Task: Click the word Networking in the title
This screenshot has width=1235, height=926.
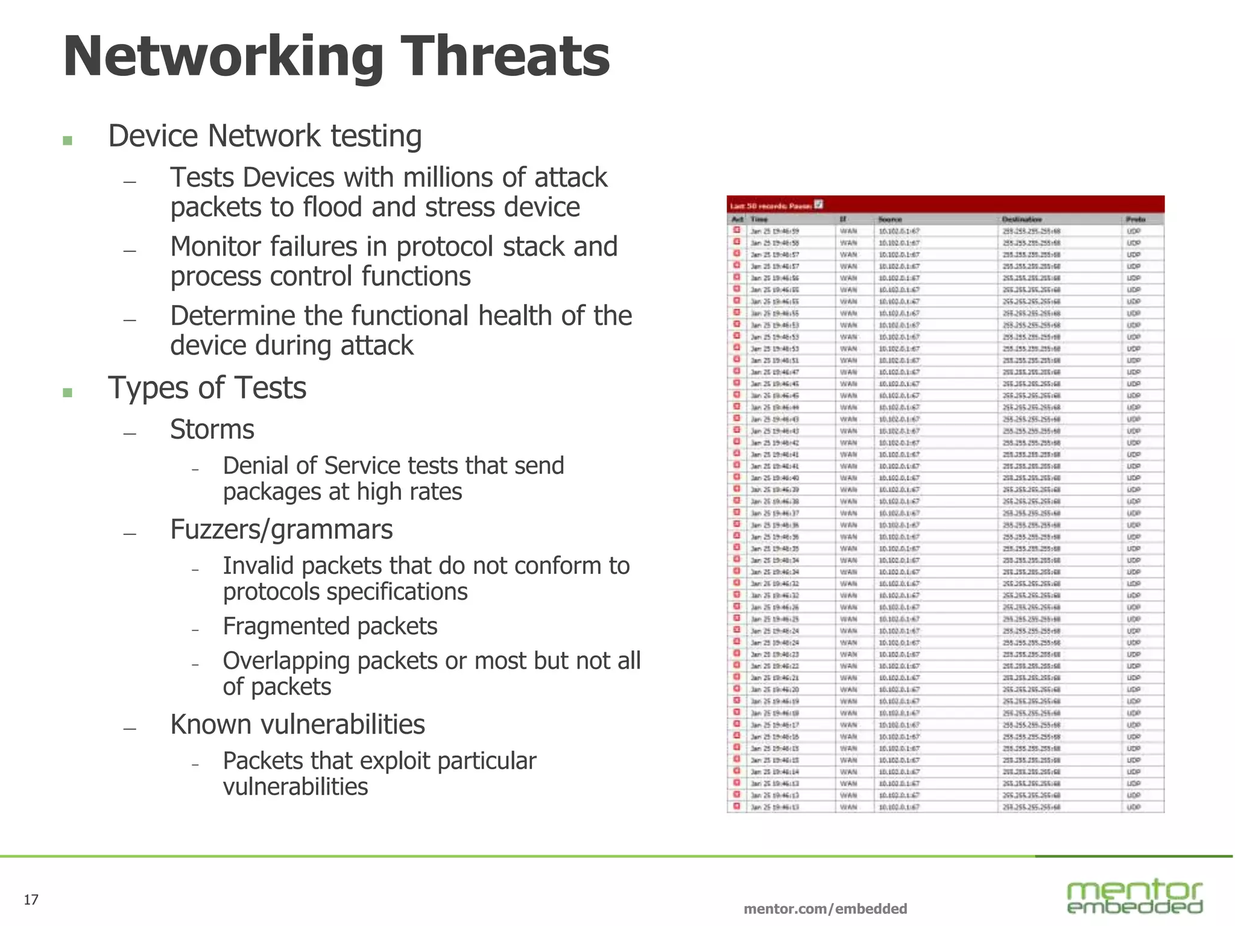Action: point(223,57)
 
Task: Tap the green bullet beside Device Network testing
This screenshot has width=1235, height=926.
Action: point(68,140)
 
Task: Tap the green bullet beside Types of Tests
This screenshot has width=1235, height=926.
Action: point(68,392)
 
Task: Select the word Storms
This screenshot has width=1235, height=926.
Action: point(212,430)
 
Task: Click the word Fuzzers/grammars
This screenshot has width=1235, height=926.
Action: point(281,530)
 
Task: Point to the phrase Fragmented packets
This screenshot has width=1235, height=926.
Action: point(330,626)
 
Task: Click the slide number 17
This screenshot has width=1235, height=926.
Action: point(31,900)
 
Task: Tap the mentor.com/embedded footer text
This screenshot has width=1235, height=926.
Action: point(825,909)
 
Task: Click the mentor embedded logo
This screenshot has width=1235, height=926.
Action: point(1134,896)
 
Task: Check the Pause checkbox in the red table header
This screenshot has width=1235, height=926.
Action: point(818,204)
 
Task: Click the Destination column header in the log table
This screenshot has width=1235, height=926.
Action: point(1022,219)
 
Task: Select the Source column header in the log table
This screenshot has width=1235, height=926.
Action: point(889,219)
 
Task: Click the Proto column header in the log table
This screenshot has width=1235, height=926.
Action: point(1135,219)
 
